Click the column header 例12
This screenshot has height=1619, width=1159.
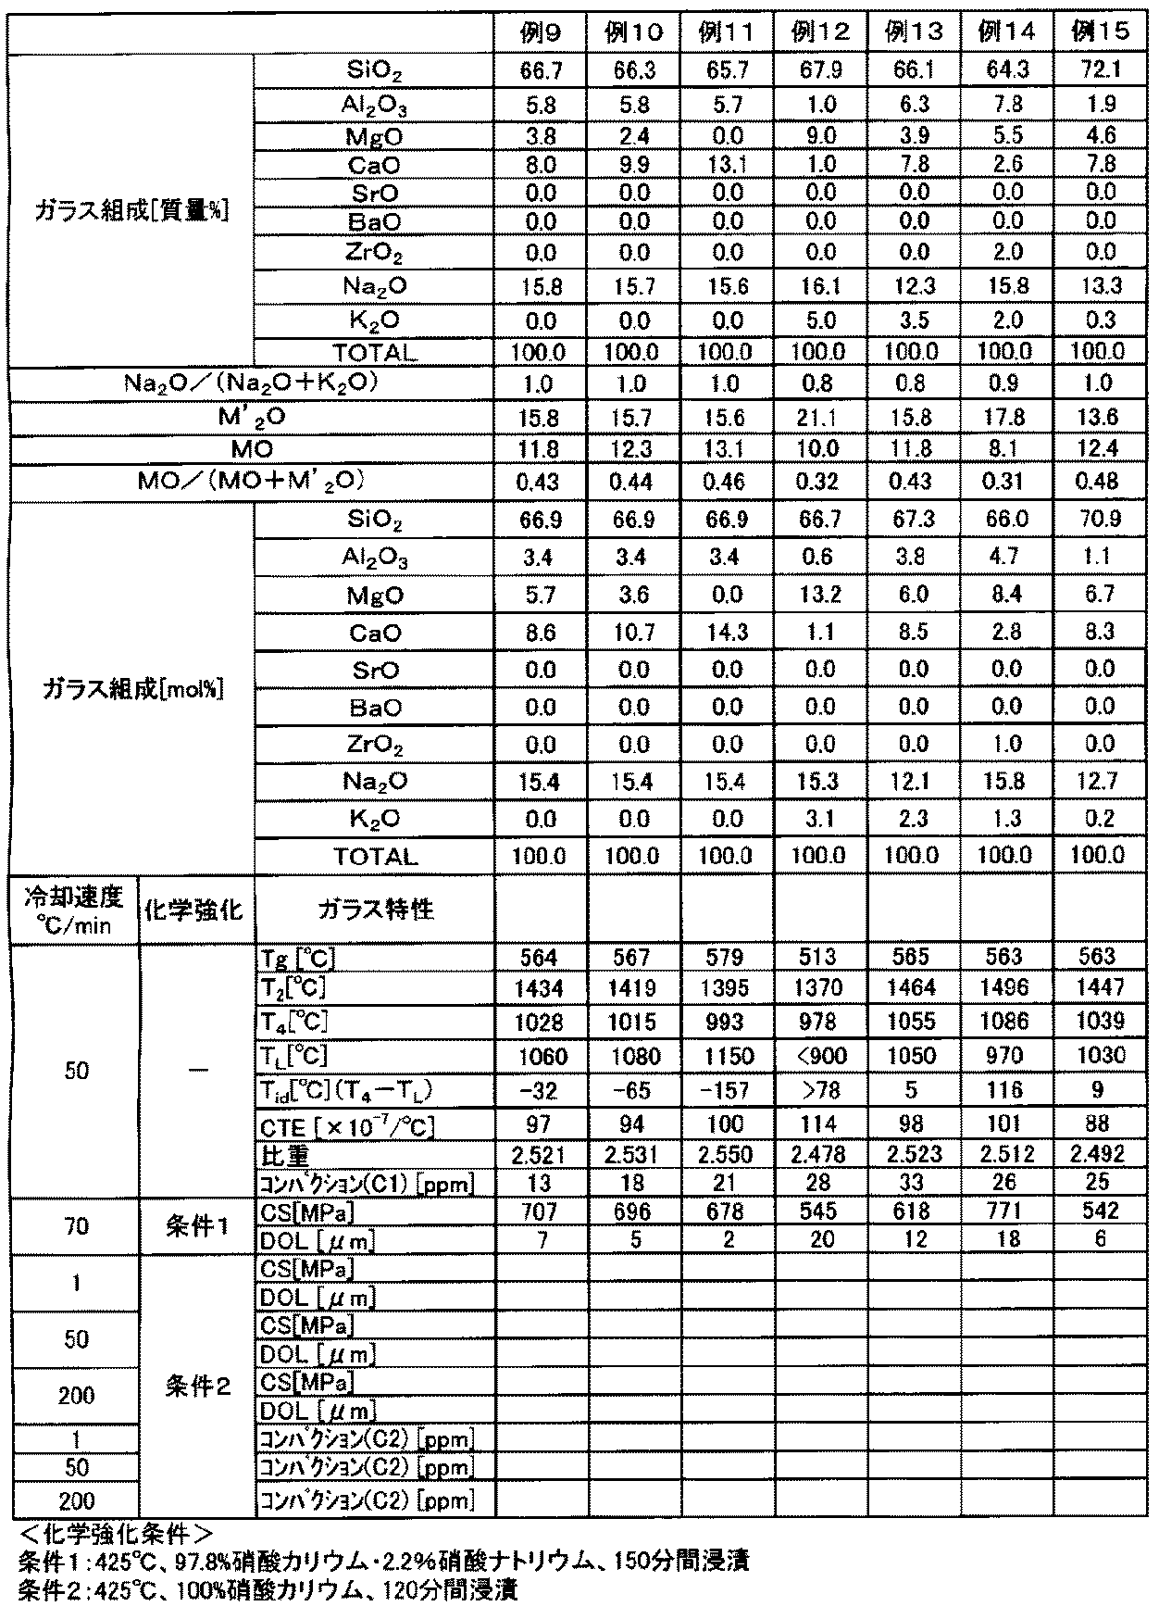pos(819,32)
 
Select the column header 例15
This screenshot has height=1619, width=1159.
pos(1100,32)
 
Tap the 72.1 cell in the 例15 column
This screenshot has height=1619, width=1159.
pos(1100,70)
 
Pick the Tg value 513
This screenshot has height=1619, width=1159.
pos(819,957)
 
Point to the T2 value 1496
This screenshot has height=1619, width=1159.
pos(1005,987)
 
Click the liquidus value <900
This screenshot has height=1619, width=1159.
pos(819,1056)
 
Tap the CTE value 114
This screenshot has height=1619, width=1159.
pos(819,1124)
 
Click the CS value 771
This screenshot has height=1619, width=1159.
pos(1005,1211)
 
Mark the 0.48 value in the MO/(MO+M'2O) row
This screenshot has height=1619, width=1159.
pos(1100,482)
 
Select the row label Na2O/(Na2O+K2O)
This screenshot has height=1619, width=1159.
pos(251,383)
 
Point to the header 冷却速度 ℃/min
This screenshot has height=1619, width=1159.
pos(73,910)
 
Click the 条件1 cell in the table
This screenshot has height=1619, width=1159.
pos(196,1225)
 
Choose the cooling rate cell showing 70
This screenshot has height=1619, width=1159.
pos(76,1225)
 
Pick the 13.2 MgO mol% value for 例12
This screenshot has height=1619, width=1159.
pos(819,595)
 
